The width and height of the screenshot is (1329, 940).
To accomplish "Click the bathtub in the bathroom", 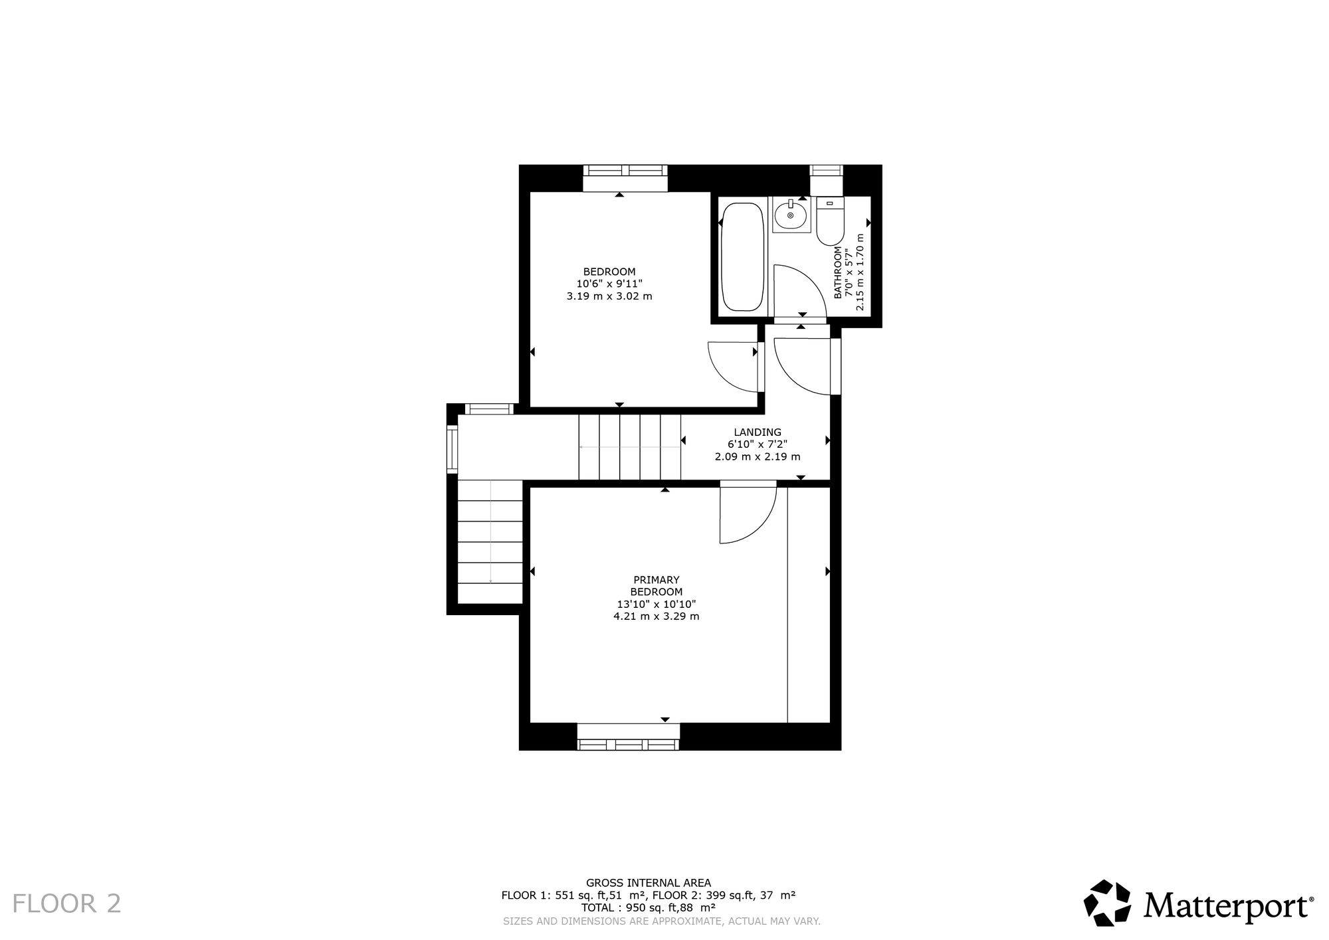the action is pyautogui.click(x=742, y=257).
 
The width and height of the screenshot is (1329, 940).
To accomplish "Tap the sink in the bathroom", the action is pyautogui.click(x=791, y=215).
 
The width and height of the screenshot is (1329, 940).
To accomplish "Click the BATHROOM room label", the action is pyautogui.click(x=838, y=272).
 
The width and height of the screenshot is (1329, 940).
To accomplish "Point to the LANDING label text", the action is pyautogui.click(x=758, y=432).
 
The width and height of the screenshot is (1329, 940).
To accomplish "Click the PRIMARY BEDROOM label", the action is pyautogui.click(x=657, y=586).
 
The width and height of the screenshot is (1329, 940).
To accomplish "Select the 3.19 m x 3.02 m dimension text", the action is pyautogui.click(x=609, y=296).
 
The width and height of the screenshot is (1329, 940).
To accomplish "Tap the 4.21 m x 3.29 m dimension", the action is pyautogui.click(x=657, y=616).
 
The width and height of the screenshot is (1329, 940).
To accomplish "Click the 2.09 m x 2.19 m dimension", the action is pyautogui.click(x=758, y=457).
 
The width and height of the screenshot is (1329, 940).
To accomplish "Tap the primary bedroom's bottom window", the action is pyautogui.click(x=629, y=737).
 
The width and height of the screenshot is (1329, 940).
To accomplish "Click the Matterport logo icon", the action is pyautogui.click(x=1107, y=903).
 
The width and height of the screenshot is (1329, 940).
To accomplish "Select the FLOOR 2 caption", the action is pyautogui.click(x=67, y=903).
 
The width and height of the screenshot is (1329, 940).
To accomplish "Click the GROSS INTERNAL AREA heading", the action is pyautogui.click(x=649, y=883).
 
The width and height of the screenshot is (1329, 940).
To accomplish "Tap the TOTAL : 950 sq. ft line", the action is pyautogui.click(x=649, y=907).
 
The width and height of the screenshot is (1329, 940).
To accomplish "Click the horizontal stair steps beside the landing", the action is pyautogui.click(x=630, y=446).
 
